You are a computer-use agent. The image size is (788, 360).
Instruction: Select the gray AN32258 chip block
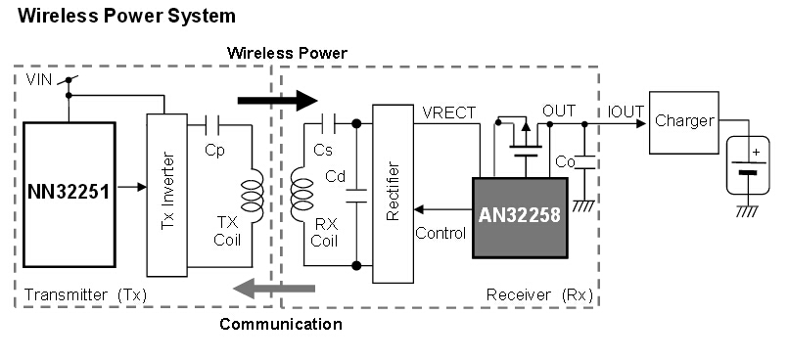(519, 217)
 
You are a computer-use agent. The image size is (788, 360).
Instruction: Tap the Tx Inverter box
(165, 195)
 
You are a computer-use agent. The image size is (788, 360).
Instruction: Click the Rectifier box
(393, 194)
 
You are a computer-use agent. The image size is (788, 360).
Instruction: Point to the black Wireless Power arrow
(278, 100)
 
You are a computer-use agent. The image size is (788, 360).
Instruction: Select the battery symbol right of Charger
(748, 163)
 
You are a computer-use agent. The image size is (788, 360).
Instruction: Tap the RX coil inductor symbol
(298, 193)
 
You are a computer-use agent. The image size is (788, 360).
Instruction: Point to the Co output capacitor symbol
(584, 163)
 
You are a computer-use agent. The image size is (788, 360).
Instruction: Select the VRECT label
(449, 112)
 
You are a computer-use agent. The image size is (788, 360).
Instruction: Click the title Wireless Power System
(127, 16)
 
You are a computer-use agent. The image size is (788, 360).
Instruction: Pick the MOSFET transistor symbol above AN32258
(526, 141)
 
